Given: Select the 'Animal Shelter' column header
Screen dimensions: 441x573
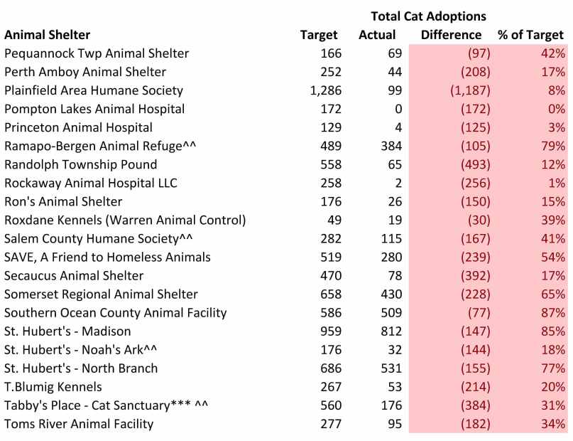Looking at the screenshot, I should [x=47, y=34].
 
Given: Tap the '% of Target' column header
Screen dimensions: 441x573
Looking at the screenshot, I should [x=530, y=34].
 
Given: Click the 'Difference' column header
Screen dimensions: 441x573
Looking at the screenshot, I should [x=451, y=34].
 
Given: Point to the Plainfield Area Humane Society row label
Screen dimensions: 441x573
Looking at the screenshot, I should [x=94, y=90].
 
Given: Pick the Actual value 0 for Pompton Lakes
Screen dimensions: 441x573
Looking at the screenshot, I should [x=398, y=109].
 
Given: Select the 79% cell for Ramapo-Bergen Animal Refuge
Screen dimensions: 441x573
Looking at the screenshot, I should [x=552, y=146].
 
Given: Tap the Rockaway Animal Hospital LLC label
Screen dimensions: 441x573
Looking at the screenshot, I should [x=90, y=183].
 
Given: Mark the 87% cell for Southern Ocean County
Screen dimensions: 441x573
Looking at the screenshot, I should [x=552, y=312].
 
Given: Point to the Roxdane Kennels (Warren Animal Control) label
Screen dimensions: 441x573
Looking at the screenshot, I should [x=125, y=220].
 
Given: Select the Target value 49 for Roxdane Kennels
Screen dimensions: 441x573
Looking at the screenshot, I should [x=334, y=220].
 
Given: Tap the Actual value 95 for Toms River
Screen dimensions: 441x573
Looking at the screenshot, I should [x=394, y=424].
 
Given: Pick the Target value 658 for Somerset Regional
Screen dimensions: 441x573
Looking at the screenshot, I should [x=329, y=294].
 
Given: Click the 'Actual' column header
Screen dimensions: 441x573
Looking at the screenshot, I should [x=377, y=34].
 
